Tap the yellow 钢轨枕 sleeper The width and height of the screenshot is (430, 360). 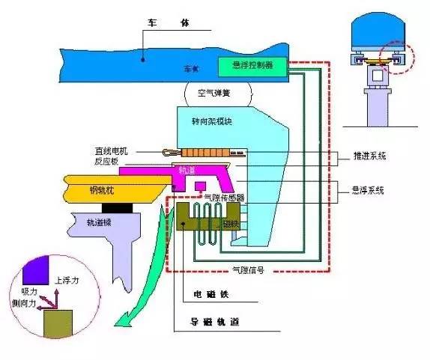(106, 189)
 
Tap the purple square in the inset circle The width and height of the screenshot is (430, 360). (35, 268)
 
